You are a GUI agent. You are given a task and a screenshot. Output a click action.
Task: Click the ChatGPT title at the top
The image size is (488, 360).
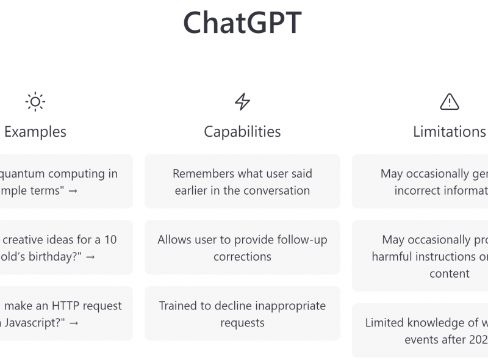(242, 23)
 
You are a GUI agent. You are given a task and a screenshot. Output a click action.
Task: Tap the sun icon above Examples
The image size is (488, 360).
(35, 101)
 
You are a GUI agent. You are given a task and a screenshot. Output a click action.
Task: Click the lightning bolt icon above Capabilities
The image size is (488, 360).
(242, 101)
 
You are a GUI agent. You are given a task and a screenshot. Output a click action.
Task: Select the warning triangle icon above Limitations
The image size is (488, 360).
(450, 101)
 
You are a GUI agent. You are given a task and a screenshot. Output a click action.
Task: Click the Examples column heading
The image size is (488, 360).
(35, 131)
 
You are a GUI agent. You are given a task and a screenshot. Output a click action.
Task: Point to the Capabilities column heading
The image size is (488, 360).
(242, 131)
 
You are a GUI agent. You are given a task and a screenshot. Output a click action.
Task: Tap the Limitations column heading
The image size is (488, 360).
(450, 131)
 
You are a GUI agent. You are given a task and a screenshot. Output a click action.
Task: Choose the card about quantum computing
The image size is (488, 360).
(61, 181)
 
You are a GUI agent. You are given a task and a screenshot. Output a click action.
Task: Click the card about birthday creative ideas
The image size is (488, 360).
(61, 247)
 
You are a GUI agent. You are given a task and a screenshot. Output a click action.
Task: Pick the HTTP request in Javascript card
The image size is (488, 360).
(61, 313)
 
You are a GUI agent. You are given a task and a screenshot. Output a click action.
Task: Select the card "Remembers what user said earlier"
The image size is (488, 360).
(242, 181)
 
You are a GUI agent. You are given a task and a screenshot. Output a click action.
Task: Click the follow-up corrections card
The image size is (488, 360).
(242, 247)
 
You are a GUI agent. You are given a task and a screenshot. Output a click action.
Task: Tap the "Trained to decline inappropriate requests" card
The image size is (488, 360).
(242, 313)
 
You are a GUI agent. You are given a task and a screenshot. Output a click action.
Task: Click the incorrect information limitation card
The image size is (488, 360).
(427, 181)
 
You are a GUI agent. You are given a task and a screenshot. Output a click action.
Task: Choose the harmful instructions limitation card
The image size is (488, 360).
(427, 256)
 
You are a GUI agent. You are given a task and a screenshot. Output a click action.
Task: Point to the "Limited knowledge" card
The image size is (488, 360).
(427, 330)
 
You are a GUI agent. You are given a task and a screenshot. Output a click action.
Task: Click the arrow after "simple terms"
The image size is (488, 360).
(73, 190)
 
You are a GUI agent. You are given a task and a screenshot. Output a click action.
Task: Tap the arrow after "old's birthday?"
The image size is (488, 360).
(90, 256)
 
